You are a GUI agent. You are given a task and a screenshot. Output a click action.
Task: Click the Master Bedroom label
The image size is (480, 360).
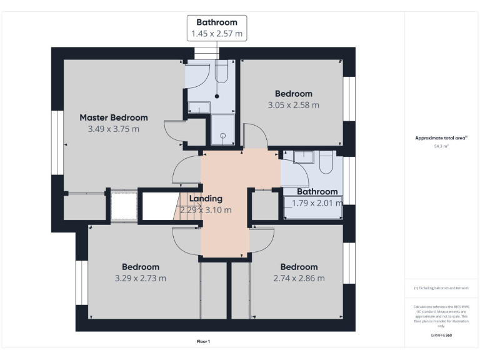coord(113,117)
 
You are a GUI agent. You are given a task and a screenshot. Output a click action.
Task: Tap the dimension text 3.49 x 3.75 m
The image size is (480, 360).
coord(113,129)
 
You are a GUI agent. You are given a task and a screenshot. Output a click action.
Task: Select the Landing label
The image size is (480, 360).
coord(206,199)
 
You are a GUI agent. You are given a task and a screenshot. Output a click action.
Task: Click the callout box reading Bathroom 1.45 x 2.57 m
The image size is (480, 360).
coord(217,28)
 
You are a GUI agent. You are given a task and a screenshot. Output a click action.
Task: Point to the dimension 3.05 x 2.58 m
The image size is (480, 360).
coord(293,105)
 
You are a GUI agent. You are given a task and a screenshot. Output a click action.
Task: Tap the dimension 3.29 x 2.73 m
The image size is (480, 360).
coord(140,278)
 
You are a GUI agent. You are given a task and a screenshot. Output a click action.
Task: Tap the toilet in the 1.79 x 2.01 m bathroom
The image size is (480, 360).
coord(326,164)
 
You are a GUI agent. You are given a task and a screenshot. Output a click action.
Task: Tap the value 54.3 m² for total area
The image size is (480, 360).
coord(441,146)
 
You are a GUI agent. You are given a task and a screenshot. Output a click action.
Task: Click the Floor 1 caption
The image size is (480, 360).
coord(203,342)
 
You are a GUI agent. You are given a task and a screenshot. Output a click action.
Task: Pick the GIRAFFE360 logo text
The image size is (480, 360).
coord(441,336)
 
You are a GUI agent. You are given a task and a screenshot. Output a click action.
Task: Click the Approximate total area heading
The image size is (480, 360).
coord(441,138)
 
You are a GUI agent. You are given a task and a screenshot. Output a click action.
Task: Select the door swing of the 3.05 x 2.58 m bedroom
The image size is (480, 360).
coord(252,136)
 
